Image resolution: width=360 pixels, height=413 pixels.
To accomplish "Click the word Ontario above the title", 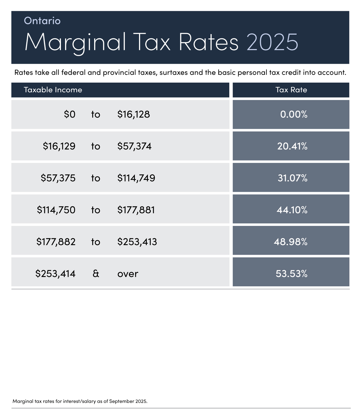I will click(42, 21).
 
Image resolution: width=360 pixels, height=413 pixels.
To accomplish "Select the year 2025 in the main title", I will click(272, 42).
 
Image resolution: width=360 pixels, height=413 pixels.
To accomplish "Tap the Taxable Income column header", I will click(53, 90).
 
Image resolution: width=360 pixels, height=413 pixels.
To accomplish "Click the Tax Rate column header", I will click(291, 90).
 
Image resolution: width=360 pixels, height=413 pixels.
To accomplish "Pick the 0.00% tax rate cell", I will click(294, 114).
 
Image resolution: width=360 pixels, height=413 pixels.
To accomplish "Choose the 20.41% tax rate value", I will click(292, 146).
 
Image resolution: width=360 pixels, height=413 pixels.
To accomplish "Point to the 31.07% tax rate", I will click(292, 178).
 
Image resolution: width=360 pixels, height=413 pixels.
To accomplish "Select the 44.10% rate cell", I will click(292, 210).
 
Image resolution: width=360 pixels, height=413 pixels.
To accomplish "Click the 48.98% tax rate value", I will click(290, 242).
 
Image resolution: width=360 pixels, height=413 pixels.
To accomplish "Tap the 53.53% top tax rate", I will click(291, 274).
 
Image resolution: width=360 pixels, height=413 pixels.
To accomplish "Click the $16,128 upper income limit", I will click(133, 114).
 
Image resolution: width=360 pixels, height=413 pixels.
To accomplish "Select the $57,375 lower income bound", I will click(58, 178).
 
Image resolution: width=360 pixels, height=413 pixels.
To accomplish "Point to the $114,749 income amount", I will click(136, 178).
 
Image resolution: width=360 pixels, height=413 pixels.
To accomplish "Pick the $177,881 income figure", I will click(136, 210).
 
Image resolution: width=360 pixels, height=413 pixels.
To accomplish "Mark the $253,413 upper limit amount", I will click(137, 242).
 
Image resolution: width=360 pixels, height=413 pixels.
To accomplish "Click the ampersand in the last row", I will click(96, 274).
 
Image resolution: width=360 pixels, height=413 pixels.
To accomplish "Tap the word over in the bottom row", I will click(128, 274).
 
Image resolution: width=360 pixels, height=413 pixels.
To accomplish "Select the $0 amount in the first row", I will click(70, 114).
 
